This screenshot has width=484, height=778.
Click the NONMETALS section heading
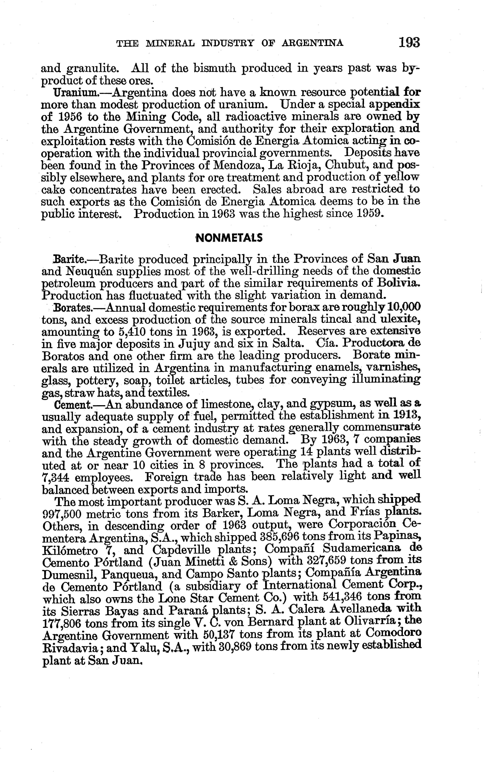[229, 238]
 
